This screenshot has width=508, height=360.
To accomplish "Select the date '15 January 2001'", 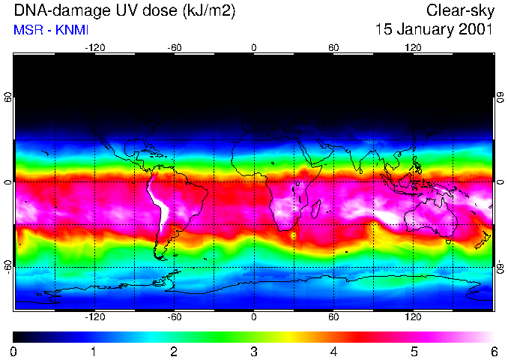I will (x=434, y=31).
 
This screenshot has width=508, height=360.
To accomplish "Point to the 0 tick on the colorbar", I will (x=14, y=351).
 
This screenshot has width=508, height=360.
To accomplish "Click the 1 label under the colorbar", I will (x=94, y=351).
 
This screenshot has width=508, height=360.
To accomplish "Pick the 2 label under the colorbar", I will (x=174, y=351).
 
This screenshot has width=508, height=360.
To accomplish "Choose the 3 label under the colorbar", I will (x=254, y=351).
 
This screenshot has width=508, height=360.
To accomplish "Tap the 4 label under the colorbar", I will (x=333, y=351).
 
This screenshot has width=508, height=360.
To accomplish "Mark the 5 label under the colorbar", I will (x=414, y=351).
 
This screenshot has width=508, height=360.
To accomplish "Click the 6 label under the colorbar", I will (x=493, y=351).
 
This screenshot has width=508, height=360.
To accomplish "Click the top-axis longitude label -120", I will (x=94, y=47).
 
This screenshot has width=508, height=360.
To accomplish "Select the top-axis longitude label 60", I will (x=333, y=47).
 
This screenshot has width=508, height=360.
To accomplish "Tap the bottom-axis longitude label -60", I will (x=174, y=316).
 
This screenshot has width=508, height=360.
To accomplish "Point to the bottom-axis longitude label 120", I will (x=413, y=316).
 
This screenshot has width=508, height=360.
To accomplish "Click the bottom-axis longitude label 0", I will (x=254, y=316).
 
